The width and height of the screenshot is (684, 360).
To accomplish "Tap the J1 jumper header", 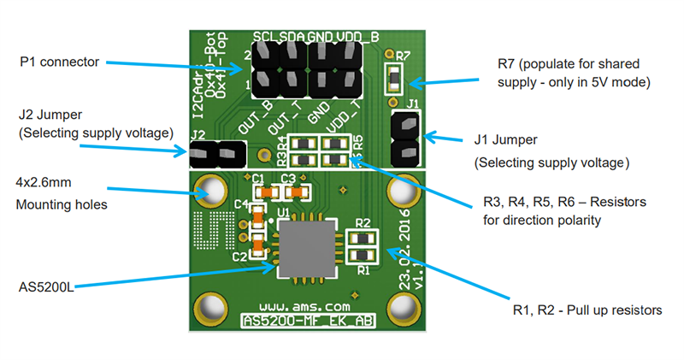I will coord(404,139).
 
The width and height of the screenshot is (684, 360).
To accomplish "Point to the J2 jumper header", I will coord(215,155).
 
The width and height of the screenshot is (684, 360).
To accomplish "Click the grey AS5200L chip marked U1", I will coord(306,248).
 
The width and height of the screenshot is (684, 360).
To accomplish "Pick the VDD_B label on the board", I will coord(357,37).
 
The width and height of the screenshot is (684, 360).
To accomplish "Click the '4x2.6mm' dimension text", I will coord(47,183).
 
